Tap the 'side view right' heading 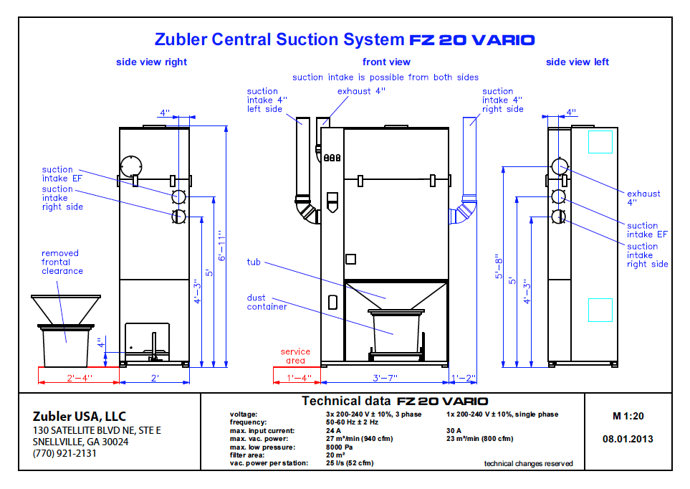click(x=151, y=62)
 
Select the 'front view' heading click(x=386, y=62)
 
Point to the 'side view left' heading click(x=577, y=62)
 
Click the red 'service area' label click(x=295, y=356)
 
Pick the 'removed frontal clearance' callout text click(x=62, y=262)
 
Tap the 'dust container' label click(x=267, y=302)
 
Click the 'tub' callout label click(x=254, y=262)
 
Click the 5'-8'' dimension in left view click(x=498, y=269)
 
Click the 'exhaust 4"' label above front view click(x=361, y=91)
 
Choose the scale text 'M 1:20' click(x=628, y=416)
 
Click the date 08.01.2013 click(x=628, y=439)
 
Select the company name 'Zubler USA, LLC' click(x=79, y=416)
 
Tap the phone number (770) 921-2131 click(x=64, y=453)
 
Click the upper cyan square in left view click(x=600, y=141)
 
